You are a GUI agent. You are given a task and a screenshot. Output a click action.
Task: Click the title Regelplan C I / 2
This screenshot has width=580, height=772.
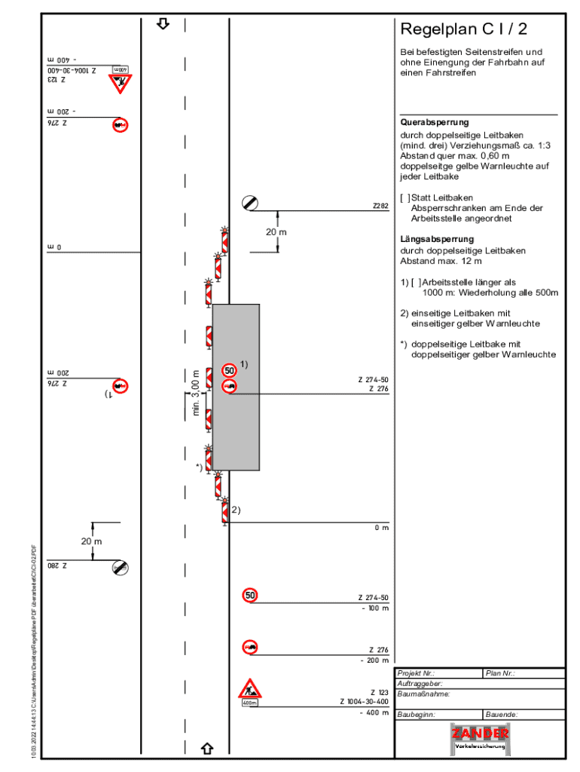pos(463,29)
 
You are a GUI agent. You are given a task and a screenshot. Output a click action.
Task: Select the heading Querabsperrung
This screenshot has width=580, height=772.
pos(434,122)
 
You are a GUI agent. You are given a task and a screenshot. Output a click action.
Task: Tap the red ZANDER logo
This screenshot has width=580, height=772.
pos(480,734)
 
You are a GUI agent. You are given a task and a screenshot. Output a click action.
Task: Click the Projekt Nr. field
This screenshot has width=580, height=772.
pos(438,673)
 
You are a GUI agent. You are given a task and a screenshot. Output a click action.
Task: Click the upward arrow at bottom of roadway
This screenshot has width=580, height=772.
pos(207,749)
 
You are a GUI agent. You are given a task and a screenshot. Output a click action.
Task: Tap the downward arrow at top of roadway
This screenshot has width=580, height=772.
pos(163,24)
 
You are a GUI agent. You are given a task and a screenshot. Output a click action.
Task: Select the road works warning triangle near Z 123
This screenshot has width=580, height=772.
pos(250,689)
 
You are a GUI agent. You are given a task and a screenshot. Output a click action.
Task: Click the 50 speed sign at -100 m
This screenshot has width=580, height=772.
pos(250,596)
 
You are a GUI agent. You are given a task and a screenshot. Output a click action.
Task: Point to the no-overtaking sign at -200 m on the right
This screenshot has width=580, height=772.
pos(250,647)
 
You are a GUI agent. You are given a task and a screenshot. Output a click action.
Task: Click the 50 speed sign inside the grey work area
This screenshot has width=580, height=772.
pos(230,370)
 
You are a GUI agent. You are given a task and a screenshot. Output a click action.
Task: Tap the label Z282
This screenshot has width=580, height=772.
pos(380,205)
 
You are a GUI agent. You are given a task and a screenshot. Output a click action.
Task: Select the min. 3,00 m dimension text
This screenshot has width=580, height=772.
pos(196,393)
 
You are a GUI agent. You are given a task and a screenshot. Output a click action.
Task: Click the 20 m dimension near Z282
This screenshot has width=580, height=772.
pos(276,232)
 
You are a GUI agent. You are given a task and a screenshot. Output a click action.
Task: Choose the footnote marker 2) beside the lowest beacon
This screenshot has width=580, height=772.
pos(236,510)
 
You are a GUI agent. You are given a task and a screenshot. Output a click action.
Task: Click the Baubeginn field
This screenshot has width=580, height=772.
pos(438,714)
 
